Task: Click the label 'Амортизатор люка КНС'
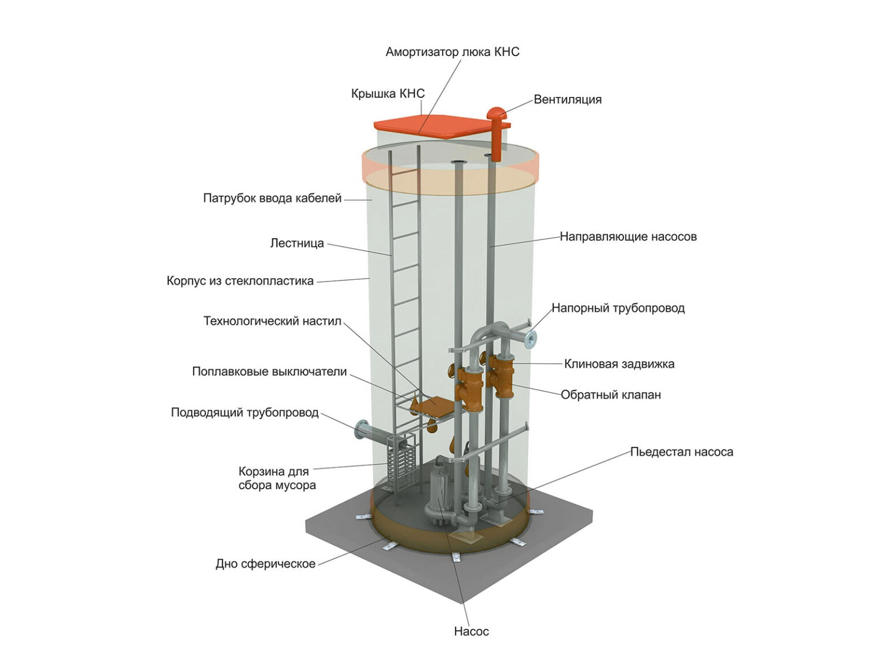coord(452,52)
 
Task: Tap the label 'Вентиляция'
coord(567,99)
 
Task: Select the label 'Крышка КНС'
coord(388,93)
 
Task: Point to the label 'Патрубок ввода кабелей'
coord(272,198)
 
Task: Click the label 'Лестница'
coord(297,243)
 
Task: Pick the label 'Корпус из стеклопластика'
coord(240,281)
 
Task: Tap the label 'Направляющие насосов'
coord(628,237)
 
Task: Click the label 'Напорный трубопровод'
coord(618,308)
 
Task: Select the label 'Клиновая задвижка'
coord(619,364)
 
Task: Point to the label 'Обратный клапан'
coord(611,395)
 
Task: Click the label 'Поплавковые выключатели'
coord(269,372)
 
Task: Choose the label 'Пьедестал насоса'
coord(681,452)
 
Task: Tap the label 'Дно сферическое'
coord(265,564)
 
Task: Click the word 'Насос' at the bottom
coord(471,631)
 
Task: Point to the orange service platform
coord(433,406)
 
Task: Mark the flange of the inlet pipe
coord(362,431)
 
